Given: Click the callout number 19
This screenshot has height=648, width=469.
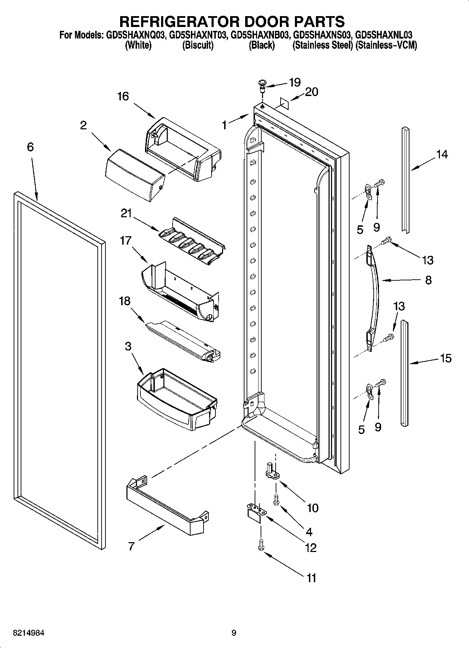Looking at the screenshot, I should [x=295, y=82].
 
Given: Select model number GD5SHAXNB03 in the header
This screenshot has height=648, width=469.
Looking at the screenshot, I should [x=260, y=35].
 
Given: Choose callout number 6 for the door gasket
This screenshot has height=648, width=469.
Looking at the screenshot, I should [x=30, y=147].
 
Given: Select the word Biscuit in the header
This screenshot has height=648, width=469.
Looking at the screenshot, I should [x=198, y=46].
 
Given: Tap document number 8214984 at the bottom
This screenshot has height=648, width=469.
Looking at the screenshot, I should [x=29, y=633].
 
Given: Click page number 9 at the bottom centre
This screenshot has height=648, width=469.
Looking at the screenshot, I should [x=234, y=633].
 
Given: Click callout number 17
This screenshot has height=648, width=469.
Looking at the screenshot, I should [x=125, y=241].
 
